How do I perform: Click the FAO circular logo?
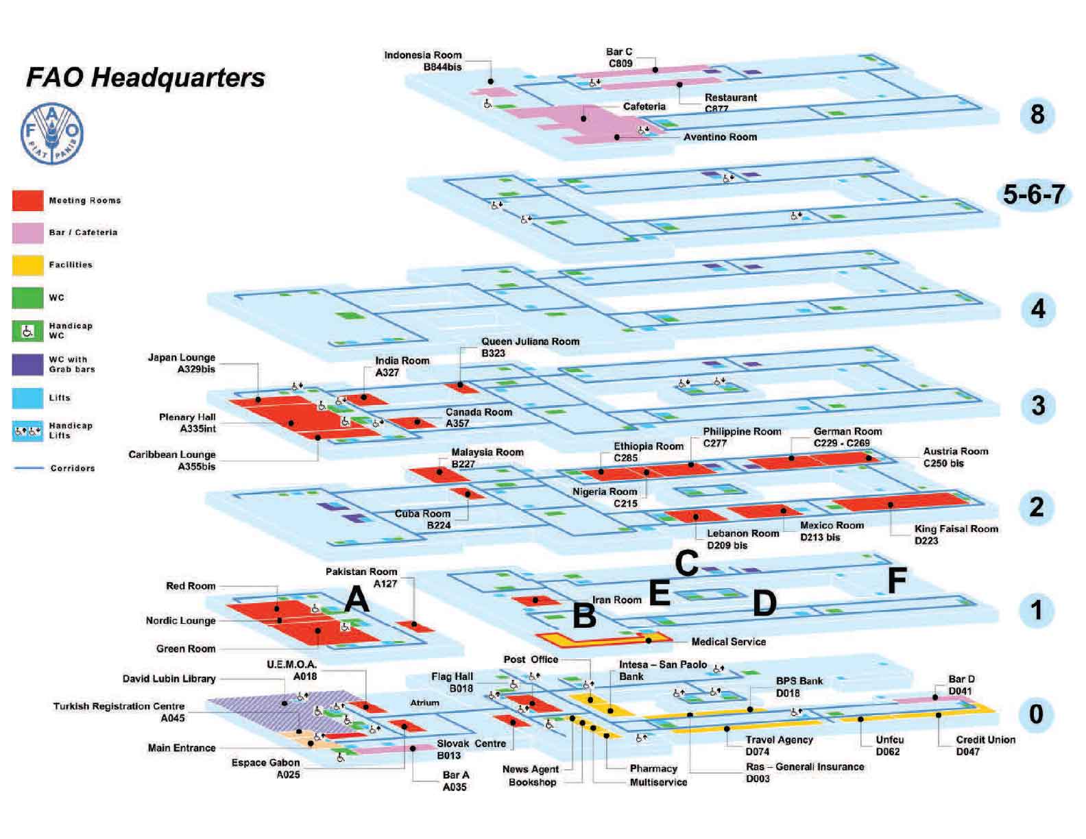coord(52,134)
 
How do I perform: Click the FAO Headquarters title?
coord(145,77)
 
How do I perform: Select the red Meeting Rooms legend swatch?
coord(27,201)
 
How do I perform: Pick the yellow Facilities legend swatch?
coord(27,265)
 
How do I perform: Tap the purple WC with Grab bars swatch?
coord(27,364)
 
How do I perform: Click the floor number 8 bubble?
coord(1037,114)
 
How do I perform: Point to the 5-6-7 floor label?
coord(1033,195)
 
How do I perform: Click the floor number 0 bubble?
coord(1036,714)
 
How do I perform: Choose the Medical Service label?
coord(728,642)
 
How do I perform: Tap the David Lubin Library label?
coord(169,679)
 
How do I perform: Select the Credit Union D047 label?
coord(985,745)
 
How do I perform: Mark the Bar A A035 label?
coord(455,781)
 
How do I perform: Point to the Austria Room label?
coord(955,457)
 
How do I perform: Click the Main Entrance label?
coord(182,748)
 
